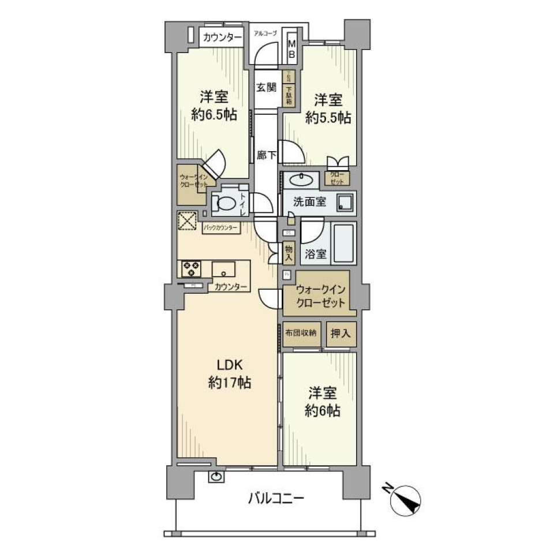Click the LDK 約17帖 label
pos(233,373)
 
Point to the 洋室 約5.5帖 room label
pos(328,108)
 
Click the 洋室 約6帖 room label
pos(323,402)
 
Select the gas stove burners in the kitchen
pos(191,269)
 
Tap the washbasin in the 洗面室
pos(301,180)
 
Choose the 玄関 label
pos(265,88)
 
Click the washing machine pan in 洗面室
pos(346,203)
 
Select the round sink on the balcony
pos(216,477)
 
